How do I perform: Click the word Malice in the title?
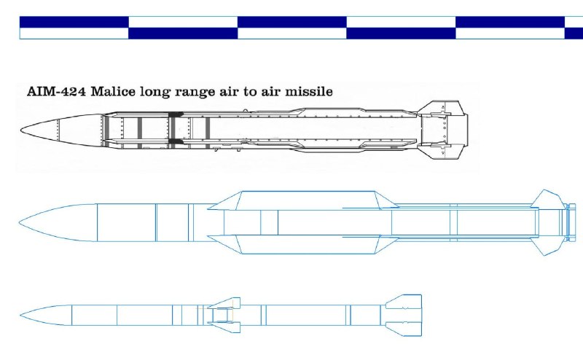[x=113, y=92]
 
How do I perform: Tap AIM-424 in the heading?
[x=57, y=92]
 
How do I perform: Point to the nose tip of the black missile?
[x=21, y=130]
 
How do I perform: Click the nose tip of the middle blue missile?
[x=20, y=223]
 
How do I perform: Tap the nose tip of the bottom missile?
[x=20, y=316]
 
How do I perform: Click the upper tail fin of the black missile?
[x=442, y=108]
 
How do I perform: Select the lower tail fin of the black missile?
[x=442, y=152]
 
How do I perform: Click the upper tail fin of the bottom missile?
[x=404, y=301]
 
